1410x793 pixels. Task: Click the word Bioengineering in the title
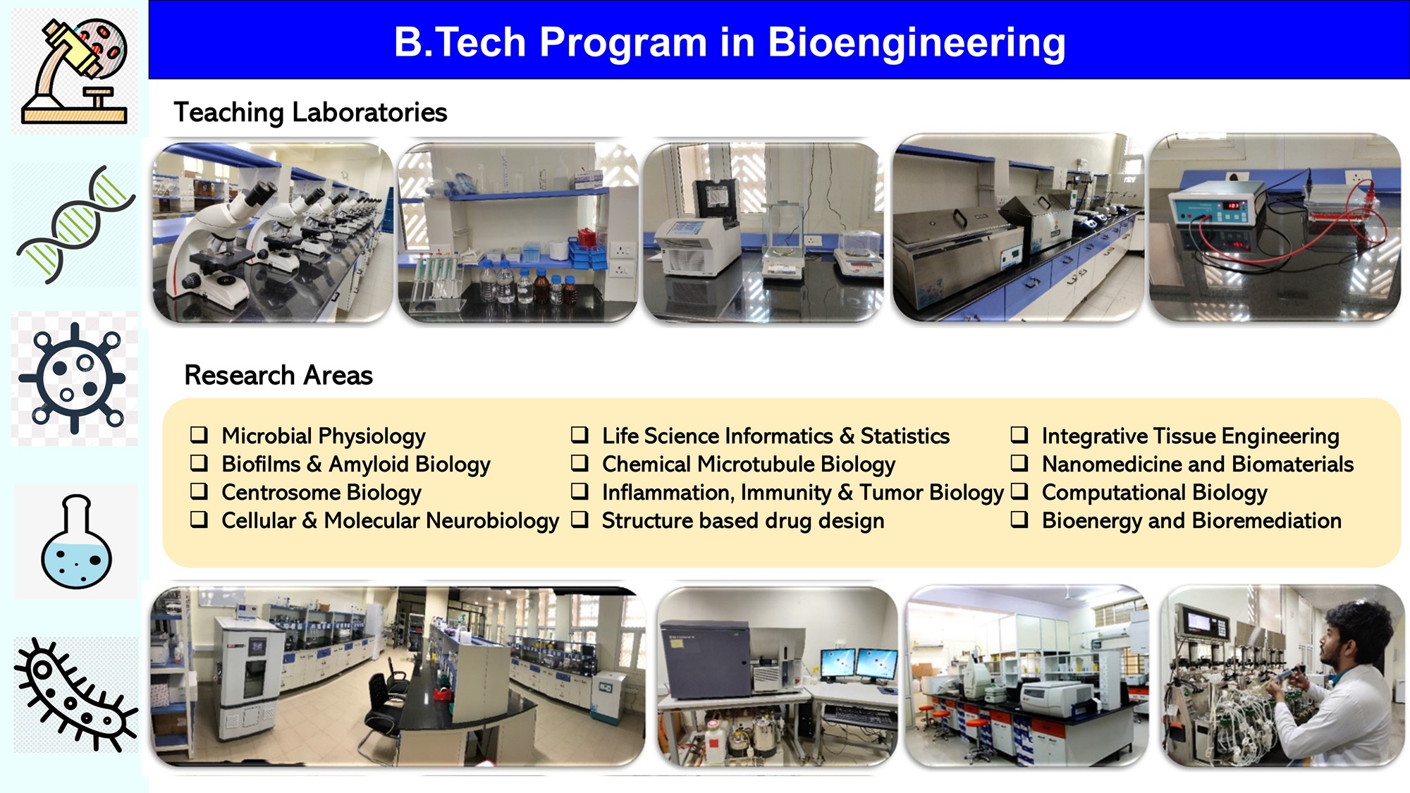(x=916, y=43)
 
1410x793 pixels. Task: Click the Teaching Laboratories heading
(x=310, y=113)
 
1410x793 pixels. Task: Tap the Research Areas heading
(x=278, y=375)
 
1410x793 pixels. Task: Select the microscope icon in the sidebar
(x=75, y=71)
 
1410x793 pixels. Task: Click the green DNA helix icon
(x=76, y=225)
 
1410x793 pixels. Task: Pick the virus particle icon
(x=73, y=379)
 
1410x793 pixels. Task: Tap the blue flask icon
(x=76, y=541)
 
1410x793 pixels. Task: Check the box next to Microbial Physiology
(x=199, y=434)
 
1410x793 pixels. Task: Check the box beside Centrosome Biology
(x=199, y=491)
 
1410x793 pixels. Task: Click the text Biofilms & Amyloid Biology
(x=356, y=465)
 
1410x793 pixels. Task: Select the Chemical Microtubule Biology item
(x=749, y=465)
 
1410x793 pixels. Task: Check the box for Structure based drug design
(x=580, y=520)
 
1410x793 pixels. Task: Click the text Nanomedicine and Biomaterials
(x=1198, y=465)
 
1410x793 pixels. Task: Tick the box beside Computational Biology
(x=1019, y=491)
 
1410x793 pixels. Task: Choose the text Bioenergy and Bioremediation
(x=1191, y=521)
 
